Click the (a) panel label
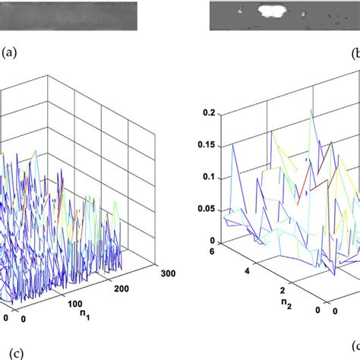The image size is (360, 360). pyautogui.click(x=9, y=53)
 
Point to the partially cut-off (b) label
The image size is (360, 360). pyautogui.click(x=356, y=53)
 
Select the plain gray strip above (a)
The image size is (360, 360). pyautogui.click(x=68, y=14)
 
